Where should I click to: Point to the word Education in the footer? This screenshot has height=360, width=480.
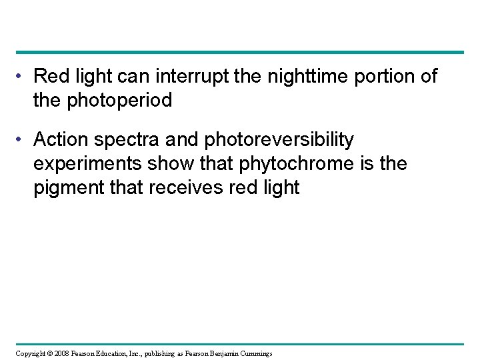pyautogui.click(x=119, y=353)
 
